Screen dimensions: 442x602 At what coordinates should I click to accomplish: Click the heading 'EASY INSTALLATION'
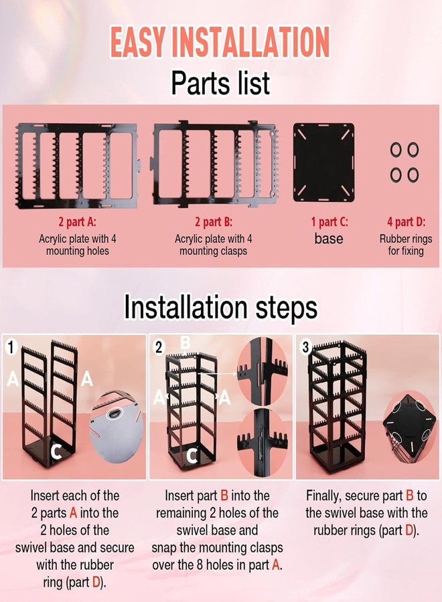[x=220, y=42]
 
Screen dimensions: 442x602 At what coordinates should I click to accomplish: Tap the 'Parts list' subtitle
[x=220, y=82]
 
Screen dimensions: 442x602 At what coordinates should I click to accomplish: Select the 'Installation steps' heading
[x=220, y=307]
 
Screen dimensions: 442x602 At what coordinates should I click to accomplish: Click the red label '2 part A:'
[x=77, y=222]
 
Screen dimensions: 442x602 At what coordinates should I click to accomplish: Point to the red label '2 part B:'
[x=214, y=222]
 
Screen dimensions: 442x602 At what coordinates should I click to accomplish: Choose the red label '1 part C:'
[x=329, y=222]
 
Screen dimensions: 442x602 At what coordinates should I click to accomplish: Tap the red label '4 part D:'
[x=406, y=222]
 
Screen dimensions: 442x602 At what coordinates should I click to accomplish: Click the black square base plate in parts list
[x=323, y=162]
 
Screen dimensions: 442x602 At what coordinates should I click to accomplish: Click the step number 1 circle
[x=11, y=347]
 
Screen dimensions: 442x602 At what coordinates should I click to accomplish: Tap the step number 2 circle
[x=159, y=347]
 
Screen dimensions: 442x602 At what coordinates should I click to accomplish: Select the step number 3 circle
[x=305, y=347]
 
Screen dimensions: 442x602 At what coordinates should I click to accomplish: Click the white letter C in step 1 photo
[x=56, y=451]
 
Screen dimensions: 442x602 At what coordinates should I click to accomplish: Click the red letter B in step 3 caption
[x=409, y=496]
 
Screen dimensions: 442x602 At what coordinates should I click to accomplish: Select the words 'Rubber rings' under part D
[x=406, y=239]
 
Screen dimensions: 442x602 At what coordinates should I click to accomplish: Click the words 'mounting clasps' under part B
[x=214, y=251]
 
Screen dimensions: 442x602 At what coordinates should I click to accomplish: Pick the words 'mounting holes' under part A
[x=78, y=251]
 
